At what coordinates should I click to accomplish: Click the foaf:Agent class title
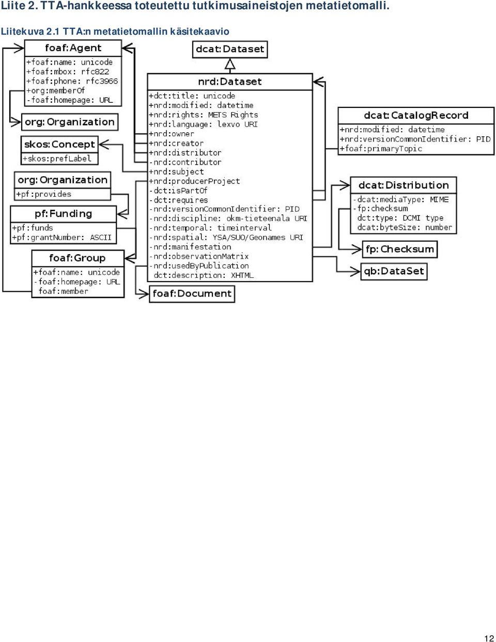click(x=73, y=48)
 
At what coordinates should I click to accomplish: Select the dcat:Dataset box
click(x=230, y=50)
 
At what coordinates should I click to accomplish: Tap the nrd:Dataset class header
click(x=230, y=82)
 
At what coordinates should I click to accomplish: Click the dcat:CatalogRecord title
click(x=416, y=115)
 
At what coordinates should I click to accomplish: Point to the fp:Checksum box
click(x=400, y=249)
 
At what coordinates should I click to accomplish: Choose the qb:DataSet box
click(x=394, y=271)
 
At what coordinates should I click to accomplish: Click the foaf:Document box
click(x=192, y=294)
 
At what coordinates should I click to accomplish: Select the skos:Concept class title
click(x=59, y=144)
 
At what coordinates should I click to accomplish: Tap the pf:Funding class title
click(x=63, y=214)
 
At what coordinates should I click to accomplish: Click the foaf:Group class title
click(x=78, y=258)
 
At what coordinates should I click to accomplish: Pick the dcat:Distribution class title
click(x=404, y=185)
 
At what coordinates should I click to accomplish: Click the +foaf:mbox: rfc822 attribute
click(x=68, y=71)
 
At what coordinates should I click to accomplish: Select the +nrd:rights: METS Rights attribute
click(x=203, y=115)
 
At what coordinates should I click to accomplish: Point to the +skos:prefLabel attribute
click(x=57, y=159)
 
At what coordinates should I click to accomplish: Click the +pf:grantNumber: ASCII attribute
click(x=61, y=237)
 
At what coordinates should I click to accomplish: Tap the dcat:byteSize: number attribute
click(x=405, y=227)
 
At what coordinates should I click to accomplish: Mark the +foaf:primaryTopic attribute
click(x=381, y=148)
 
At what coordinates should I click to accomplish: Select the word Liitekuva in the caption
click(x=23, y=32)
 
